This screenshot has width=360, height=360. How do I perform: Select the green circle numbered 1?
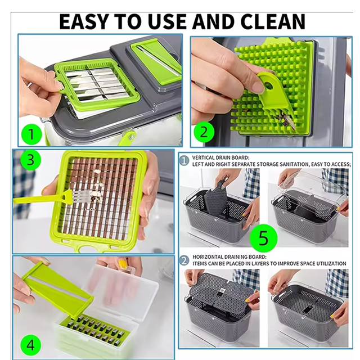(31, 134)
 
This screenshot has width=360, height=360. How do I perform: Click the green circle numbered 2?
(204, 132)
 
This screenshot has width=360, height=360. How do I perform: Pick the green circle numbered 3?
(30, 160)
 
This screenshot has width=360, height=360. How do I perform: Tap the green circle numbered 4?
(30, 345)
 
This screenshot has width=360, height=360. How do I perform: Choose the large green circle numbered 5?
(263, 238)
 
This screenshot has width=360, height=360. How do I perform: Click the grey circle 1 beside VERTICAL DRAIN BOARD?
(184, 160)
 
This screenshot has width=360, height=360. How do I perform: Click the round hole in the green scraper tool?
(269, 85)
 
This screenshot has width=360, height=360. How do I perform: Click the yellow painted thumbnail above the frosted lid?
(123, 264)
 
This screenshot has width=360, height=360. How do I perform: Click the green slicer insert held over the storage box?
(57, 290)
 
